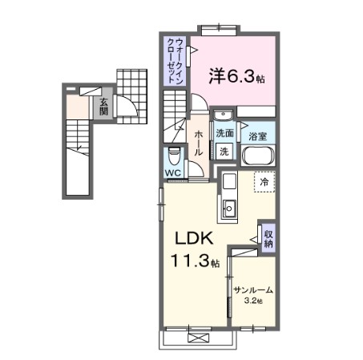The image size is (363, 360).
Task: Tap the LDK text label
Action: pyautogui.click(x=193, y=237)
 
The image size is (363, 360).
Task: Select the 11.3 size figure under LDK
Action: pyautogui.click(x=188, y=261)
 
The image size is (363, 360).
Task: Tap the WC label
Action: pyautogui.click(x=173, y=172)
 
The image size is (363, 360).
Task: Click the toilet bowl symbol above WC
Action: pyautogui.click(x=173, y=155)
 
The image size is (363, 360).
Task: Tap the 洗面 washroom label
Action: pyautogui.click(x=224, y=134)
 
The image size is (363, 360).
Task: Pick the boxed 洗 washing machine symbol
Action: pyautogui.click(x=224, y=151)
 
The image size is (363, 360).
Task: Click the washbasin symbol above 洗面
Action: pyautogui.click(x=224, y=115)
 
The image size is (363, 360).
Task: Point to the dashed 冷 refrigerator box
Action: pyautogui.click(x=264, y=182)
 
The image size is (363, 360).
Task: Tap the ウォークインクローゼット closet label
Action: pyautogui.click(x=179, y=60)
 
